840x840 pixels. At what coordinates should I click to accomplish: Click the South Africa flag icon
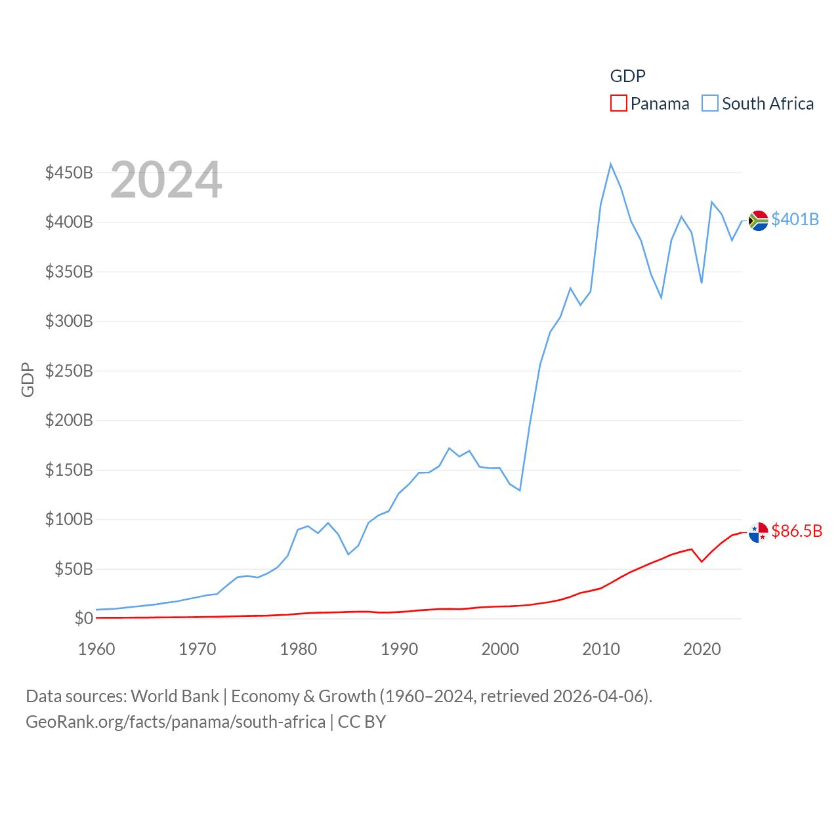click(758, 220)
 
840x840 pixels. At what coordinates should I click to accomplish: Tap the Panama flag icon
click(758, 532)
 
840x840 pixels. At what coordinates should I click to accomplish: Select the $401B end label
click(795, 219)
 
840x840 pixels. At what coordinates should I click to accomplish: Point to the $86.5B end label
click(797, 531)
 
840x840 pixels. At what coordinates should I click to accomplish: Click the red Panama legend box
click(618, 104)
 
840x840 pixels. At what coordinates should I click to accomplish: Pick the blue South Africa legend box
click(709, 104)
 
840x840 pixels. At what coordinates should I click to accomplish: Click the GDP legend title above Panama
click(627, 76)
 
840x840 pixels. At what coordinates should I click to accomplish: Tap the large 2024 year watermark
click(166, 180)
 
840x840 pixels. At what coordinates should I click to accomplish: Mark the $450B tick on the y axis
click(69, 173)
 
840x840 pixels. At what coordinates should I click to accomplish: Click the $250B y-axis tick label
click(69, 371)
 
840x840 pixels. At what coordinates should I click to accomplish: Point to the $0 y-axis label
click(83, 618)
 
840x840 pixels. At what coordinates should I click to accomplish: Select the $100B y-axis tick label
click(69, 519)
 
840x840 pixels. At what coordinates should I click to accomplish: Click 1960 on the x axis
click(96, 649)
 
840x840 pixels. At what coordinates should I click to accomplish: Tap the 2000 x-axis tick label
click(500, 649)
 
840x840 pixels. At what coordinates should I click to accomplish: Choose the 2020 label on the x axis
click(702, 649)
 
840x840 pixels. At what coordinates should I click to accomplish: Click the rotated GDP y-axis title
click(28, 379)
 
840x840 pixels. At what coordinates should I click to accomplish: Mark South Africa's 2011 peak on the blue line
click(610, 164)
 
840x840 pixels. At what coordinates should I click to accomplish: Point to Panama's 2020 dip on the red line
click(702, 561)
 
